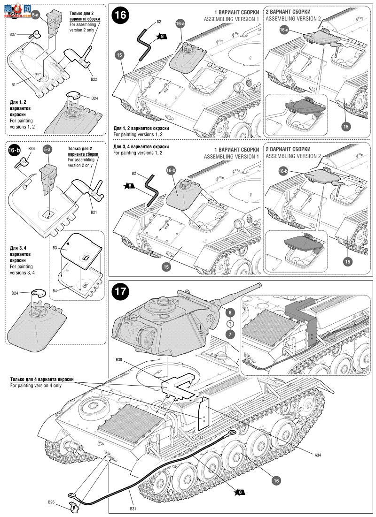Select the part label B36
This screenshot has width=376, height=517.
31,148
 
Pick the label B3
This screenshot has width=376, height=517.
55,247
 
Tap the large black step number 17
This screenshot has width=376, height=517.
120,291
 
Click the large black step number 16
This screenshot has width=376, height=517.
120,15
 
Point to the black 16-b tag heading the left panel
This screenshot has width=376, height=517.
14,150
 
